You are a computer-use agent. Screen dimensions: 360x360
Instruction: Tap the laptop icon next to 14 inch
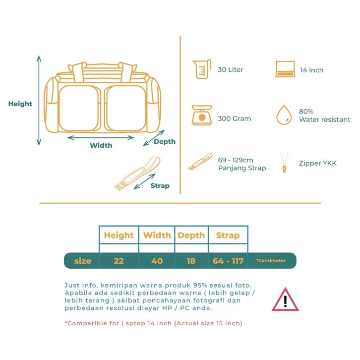[x=285, y=69]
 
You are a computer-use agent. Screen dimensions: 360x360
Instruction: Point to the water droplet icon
[x=284, y=115]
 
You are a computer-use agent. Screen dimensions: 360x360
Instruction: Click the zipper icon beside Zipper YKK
[x=284, y=162]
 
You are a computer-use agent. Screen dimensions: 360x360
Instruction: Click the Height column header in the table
[x=119, y=235]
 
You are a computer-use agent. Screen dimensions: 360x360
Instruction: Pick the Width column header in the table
[x=157, y=235]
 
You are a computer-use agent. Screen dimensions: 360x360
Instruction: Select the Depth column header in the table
[x=191, y=235]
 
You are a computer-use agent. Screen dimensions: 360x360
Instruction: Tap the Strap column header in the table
[x=228, y=235]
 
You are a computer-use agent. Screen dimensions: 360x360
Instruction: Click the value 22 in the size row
[x=119, y=261]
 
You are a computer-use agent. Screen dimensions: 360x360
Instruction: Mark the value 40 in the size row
[x=157, y=261]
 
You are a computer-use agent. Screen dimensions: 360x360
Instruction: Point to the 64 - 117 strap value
[x=228, y=261]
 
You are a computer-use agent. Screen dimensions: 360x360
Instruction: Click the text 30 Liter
[x=231, y=70]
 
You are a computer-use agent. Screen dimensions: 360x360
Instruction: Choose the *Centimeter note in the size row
[x=271, y=261]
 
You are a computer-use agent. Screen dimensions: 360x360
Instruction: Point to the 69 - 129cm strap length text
[x=236, y=160]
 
